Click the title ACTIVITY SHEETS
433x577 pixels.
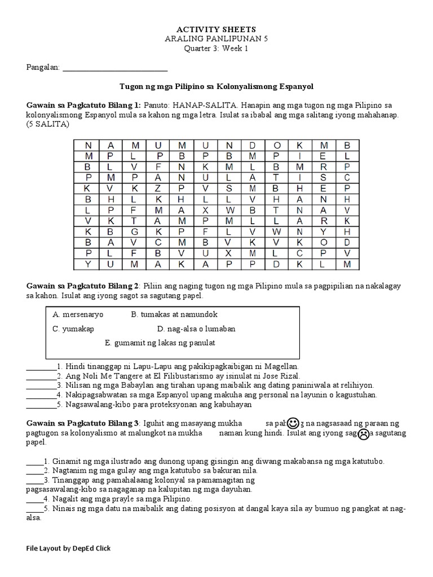(x=216, y=29)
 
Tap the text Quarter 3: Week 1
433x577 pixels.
(x=216, y=48)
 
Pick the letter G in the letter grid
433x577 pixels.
(x=135, y=232)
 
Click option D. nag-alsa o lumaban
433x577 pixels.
(x=196, y=329)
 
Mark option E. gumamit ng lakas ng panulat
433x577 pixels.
(x=160, y=343)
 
